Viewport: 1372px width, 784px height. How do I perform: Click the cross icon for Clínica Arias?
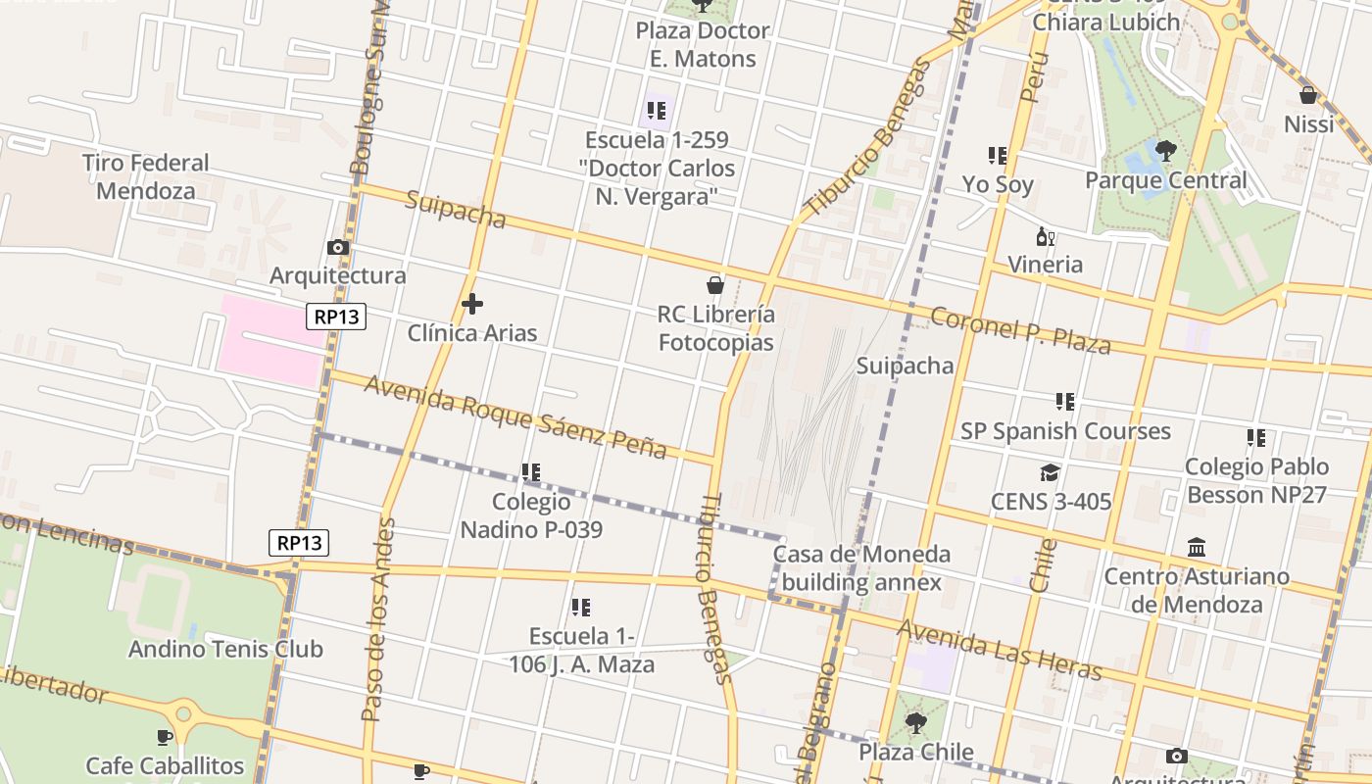click(x=472, y=305)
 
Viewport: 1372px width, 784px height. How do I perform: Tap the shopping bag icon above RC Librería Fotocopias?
click(x=715, y=285)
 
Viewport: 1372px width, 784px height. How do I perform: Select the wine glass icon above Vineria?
click(x=1046, y=236)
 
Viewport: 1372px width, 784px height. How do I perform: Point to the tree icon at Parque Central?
click(x=1165, y=151)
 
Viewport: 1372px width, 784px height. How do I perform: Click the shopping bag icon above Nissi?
click(x=1307, y=95)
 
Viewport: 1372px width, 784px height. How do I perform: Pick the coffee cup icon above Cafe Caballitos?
click(x=165, y=737)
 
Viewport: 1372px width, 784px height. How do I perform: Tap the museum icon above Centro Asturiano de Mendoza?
click(x=1197, y=547)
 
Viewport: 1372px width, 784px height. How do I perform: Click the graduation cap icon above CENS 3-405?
click(x=1051, y=473)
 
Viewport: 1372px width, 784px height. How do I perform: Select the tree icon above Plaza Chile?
click(x=916, y=723)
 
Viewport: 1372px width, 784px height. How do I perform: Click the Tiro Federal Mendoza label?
click(x=146, y=176)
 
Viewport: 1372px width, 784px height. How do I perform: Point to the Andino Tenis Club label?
click(x=225, y=649)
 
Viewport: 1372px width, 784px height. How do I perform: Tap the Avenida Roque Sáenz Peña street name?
click(x=515, y=417)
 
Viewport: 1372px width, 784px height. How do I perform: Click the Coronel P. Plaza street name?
click(x=1020, y=330)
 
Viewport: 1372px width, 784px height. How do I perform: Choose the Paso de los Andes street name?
click(x=378, y=620)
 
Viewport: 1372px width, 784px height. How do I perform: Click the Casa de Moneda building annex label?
click(x=861, y=568)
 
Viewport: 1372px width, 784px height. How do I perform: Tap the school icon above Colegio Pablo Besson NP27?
click(x=1256, y=438)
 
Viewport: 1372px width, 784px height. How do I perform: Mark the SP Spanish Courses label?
click(x=1065, y=431)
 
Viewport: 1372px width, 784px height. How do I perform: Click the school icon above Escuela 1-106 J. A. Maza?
click(x=581, y=608)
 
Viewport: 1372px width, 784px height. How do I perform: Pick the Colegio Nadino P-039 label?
click(x=531, y=515)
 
